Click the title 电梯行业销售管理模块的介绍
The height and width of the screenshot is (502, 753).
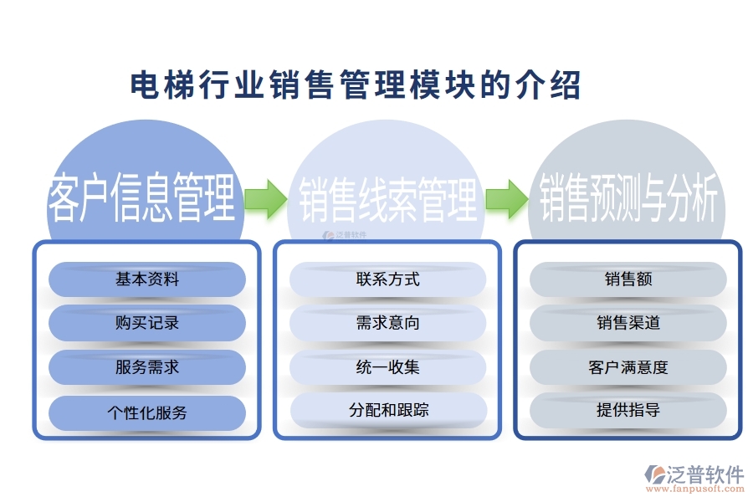[356, 85]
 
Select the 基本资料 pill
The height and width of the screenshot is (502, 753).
[147, 279]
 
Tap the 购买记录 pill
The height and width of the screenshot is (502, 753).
[147, 323]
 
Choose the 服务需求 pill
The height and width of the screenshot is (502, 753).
[147, 367]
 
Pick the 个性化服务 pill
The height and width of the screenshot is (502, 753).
[147, 412]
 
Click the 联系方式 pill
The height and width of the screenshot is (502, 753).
[387, 279]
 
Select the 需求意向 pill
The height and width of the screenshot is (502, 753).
[387, 323]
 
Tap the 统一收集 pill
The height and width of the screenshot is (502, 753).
[387, 367]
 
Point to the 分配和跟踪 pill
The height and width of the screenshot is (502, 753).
[387, 411]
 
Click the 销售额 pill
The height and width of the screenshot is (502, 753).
[627, 279]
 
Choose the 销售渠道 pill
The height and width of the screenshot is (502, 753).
[627, 323]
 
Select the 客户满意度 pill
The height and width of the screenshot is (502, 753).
[627, 367]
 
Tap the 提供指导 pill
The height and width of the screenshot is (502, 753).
[627, 411]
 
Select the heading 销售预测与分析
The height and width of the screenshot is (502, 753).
[628, 198]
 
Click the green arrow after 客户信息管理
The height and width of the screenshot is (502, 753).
[265, 198]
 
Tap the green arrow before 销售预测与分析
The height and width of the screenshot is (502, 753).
[506, 198]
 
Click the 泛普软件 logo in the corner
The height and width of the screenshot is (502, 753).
[694, 474]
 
